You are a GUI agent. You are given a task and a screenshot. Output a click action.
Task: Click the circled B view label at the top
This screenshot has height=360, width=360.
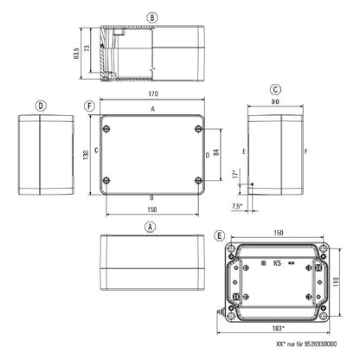click(152, 17)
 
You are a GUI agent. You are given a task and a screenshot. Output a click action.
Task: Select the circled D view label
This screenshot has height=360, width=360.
click(40, 106)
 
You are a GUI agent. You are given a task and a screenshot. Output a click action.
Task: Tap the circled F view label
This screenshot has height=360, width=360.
click(90, 106)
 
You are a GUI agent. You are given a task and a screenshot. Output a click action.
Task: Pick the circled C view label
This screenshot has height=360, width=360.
click(274, 89)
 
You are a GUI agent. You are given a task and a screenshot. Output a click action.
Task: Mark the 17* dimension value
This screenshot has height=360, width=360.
click(235, 175)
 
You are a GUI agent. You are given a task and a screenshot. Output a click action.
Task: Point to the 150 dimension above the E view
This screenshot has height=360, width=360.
click(279, 233)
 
